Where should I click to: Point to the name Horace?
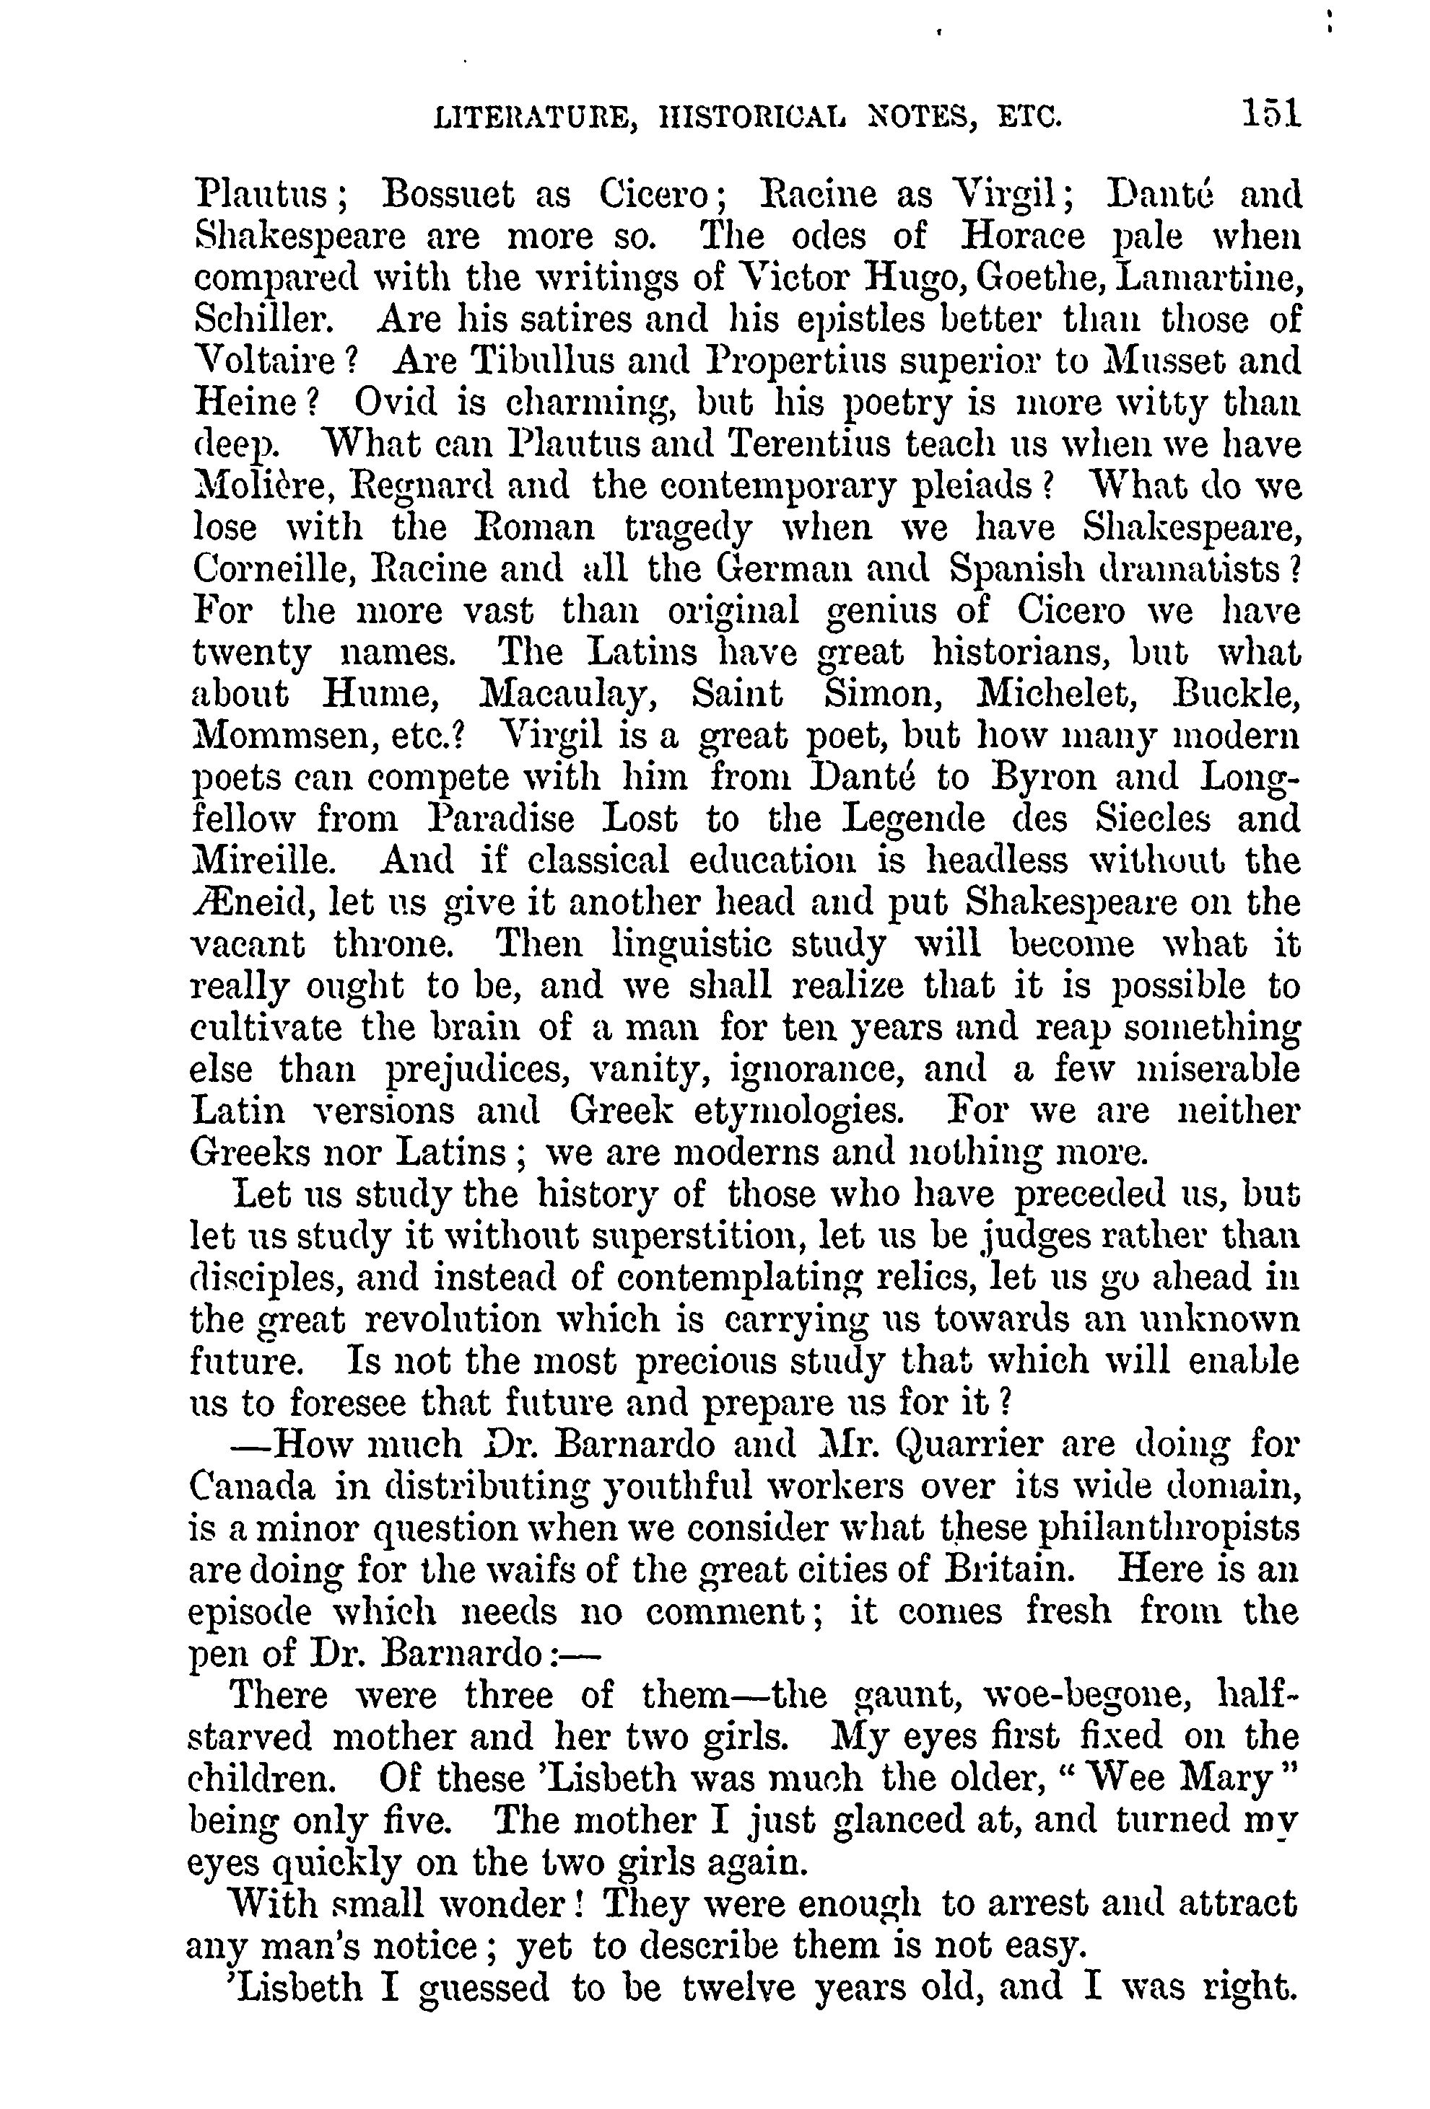[x=1022, y=237]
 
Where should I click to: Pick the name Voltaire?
[x=265, y=362]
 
